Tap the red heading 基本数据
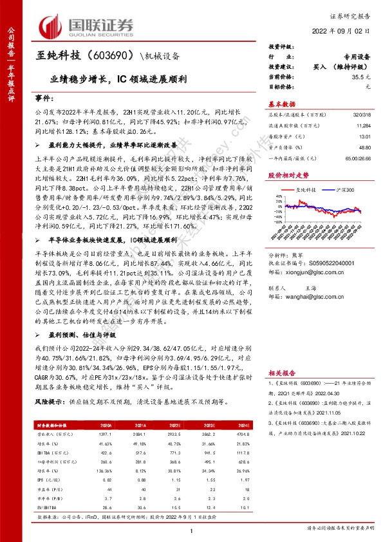click(282, 104)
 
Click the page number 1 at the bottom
click(192, 529)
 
